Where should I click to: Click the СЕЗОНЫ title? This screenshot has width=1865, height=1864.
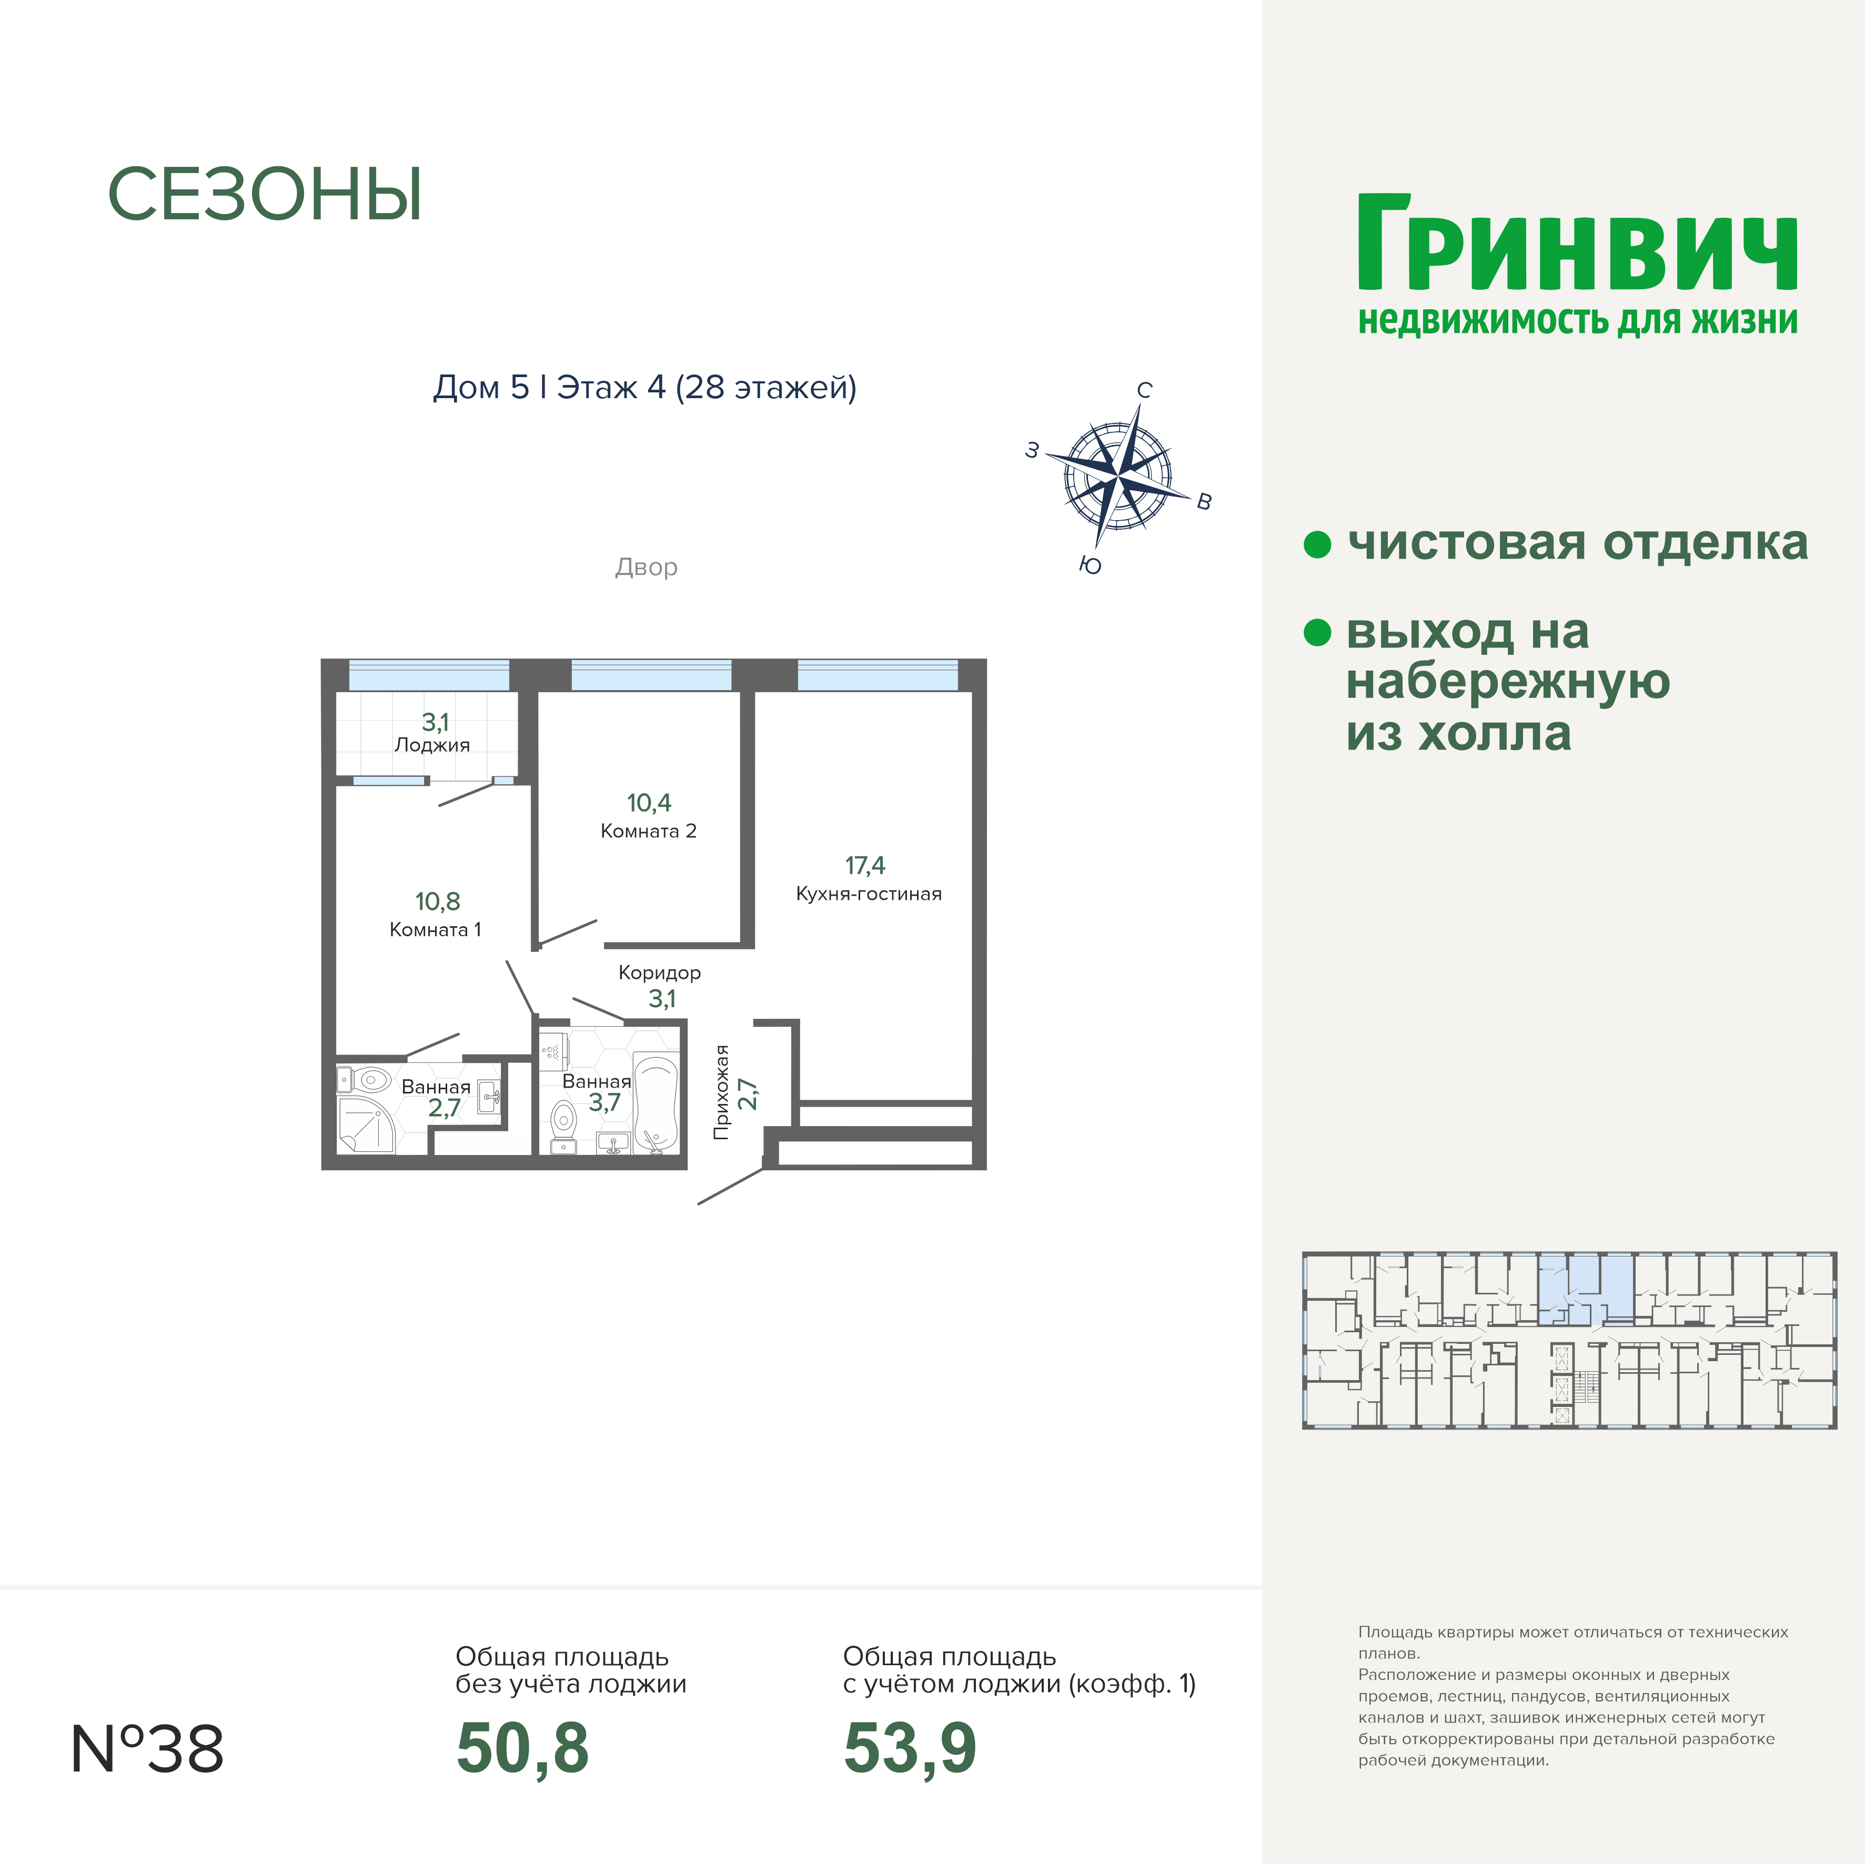pyautogui.click(x=265, y=195)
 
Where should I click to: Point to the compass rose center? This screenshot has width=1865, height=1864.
pyautogui.click(x=1118, y=475)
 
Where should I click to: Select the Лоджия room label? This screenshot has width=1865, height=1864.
pyautogui.click(x=432, y=745)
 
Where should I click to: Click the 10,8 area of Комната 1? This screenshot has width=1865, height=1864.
pyautogui.click(x=437, y=901)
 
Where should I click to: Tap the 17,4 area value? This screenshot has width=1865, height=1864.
pyautogui.click(x=865, y=866)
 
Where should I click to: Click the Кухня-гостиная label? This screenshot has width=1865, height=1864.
pyautogui.click(x=868, y=894)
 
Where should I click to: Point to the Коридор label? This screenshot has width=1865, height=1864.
pyautogui.click(x=659, y=973)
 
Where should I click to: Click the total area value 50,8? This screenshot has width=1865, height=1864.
pyautogui.click(x=522, y=1749)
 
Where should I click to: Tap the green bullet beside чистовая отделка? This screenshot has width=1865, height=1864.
pyautogui.click(x=1318, y=544)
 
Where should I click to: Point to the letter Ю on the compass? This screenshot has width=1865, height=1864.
pyautogui.click(x=1091, y=565)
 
